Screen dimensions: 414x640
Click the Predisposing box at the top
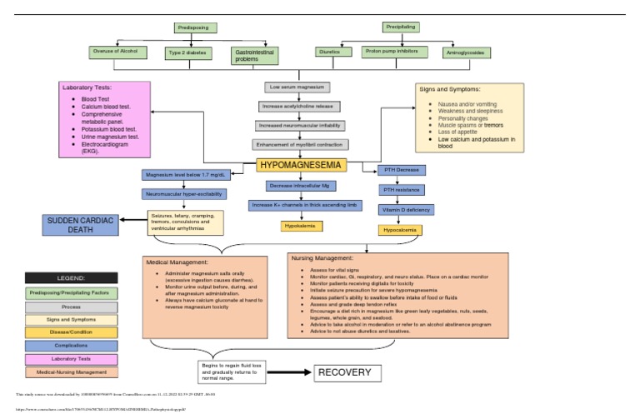pyautogui.click(x=196, y=28)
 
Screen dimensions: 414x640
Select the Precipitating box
pyautogui.click(x=401, y=27)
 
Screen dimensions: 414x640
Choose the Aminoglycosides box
pyautogui.click(x=466, y=52)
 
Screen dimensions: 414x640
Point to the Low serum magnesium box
pyautogui.click(x=297, y=87)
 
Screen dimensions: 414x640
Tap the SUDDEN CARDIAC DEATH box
pyautogui.click(x=80, y=224)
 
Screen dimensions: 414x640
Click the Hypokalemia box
pyautogui.click(x=301, y=226)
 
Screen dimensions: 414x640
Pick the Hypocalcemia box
pyautogui.click(x=402, y=229)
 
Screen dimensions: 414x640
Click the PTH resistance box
pyautogui.click(x=402, y=190)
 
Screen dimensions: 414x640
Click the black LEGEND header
pyautogui.click(x=71, y=277)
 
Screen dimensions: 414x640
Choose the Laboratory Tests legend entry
pyautogui.click(x=71, y=359)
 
